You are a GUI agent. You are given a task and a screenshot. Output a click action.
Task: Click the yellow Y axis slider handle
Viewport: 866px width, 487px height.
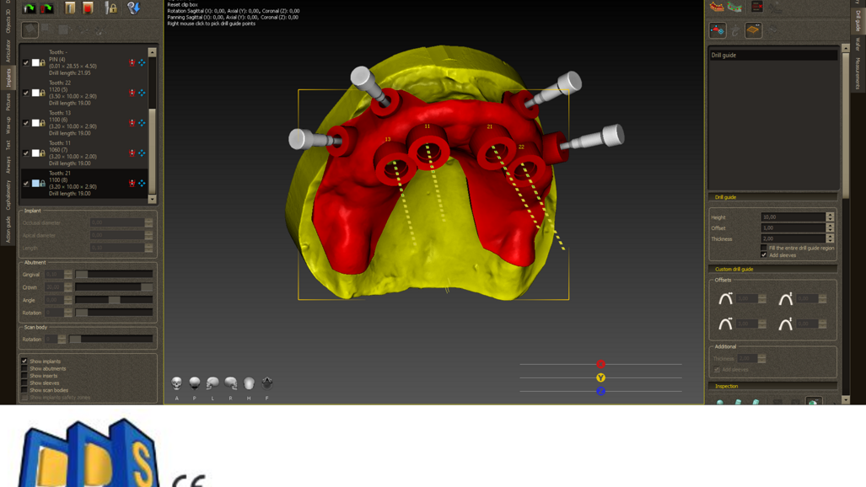[600, 377]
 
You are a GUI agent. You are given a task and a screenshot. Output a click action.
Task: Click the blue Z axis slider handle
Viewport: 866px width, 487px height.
[600, 391]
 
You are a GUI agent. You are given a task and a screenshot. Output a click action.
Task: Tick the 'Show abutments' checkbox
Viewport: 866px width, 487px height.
[24, 368]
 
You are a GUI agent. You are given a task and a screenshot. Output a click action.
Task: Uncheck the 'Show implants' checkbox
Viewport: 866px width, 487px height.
[24, 361]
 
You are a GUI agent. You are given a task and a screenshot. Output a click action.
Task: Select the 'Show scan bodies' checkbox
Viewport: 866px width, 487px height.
[24, 390]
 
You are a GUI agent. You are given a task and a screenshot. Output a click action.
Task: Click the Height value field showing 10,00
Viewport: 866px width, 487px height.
[793, 217]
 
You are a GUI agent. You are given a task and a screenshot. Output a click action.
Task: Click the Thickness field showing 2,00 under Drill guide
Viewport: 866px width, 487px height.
[793, 238]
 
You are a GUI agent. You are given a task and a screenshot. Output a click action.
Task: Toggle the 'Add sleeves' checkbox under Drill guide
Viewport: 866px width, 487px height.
[764, 254]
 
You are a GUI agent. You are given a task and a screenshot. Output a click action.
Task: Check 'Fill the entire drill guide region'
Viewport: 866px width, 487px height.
[764, 248]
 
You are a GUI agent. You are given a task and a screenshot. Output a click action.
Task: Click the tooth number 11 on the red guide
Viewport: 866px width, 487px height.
[428, 126]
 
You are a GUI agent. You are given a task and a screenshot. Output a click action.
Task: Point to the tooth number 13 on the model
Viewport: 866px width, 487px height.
[388, 139]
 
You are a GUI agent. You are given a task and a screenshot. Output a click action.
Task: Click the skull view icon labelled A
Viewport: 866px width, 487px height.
[177, 383]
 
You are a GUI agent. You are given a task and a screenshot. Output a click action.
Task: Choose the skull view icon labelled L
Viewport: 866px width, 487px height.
[212, 383]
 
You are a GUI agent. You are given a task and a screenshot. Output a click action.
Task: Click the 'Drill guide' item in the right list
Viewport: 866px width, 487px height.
[723, 56]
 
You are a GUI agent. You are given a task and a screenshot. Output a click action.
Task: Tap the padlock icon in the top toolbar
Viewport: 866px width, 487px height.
[111, 8]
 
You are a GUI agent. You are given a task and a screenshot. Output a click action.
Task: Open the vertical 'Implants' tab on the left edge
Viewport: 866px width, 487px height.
[8, 78]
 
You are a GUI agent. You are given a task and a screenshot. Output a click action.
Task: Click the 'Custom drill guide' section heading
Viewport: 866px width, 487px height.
[734, 269]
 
